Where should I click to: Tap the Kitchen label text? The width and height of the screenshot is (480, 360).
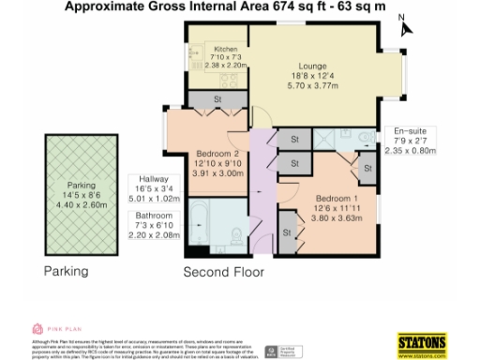226,50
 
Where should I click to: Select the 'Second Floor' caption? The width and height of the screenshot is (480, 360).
222,273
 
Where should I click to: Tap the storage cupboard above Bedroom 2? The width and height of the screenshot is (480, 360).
217,99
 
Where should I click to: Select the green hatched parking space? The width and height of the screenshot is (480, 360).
77,191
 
